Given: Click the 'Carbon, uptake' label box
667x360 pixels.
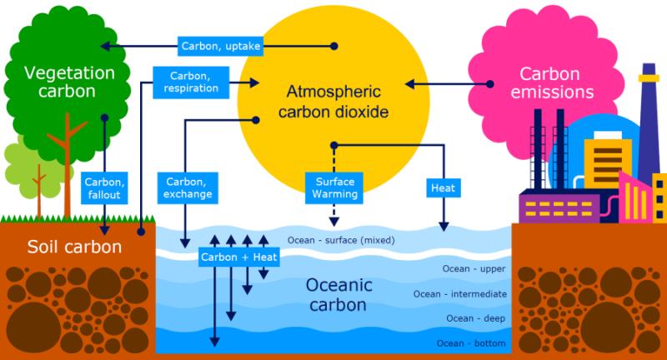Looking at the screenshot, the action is tap(220, 46).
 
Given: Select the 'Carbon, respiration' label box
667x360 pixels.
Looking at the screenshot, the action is tap(191, 82).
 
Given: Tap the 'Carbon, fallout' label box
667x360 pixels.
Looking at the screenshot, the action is tap(104, 188).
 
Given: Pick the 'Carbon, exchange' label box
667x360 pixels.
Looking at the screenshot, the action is tap(188, 187).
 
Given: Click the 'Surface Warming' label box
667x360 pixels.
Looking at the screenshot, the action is tap(334, 187).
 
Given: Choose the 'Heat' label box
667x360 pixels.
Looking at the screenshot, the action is tap(444, 187).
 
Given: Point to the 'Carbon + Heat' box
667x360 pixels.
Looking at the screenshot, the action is tap(238, 257).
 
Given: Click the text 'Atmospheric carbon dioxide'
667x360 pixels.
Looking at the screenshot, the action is tap(333, 102).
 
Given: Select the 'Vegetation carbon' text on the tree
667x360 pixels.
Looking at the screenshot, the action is tap(69, 82).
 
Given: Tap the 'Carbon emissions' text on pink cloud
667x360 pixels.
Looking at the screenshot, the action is tap(552, 82).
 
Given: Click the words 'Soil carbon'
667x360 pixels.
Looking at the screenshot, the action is tap(74, 247).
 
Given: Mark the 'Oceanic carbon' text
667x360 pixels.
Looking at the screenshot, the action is tap(339, 294).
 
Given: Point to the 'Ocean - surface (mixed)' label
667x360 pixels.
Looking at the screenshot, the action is tap(341, 241).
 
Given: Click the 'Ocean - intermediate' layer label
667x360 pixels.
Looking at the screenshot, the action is tap(460, 294).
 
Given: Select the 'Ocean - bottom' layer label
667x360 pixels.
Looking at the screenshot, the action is tap(471, 343).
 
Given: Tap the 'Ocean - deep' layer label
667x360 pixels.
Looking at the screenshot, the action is tap(475, 319).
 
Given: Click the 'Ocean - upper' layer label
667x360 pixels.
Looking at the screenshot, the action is tap(474, 269).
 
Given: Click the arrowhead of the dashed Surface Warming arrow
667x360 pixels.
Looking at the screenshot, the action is tap(334, 222).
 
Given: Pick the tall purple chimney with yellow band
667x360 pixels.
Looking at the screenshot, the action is tap(649, 123).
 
